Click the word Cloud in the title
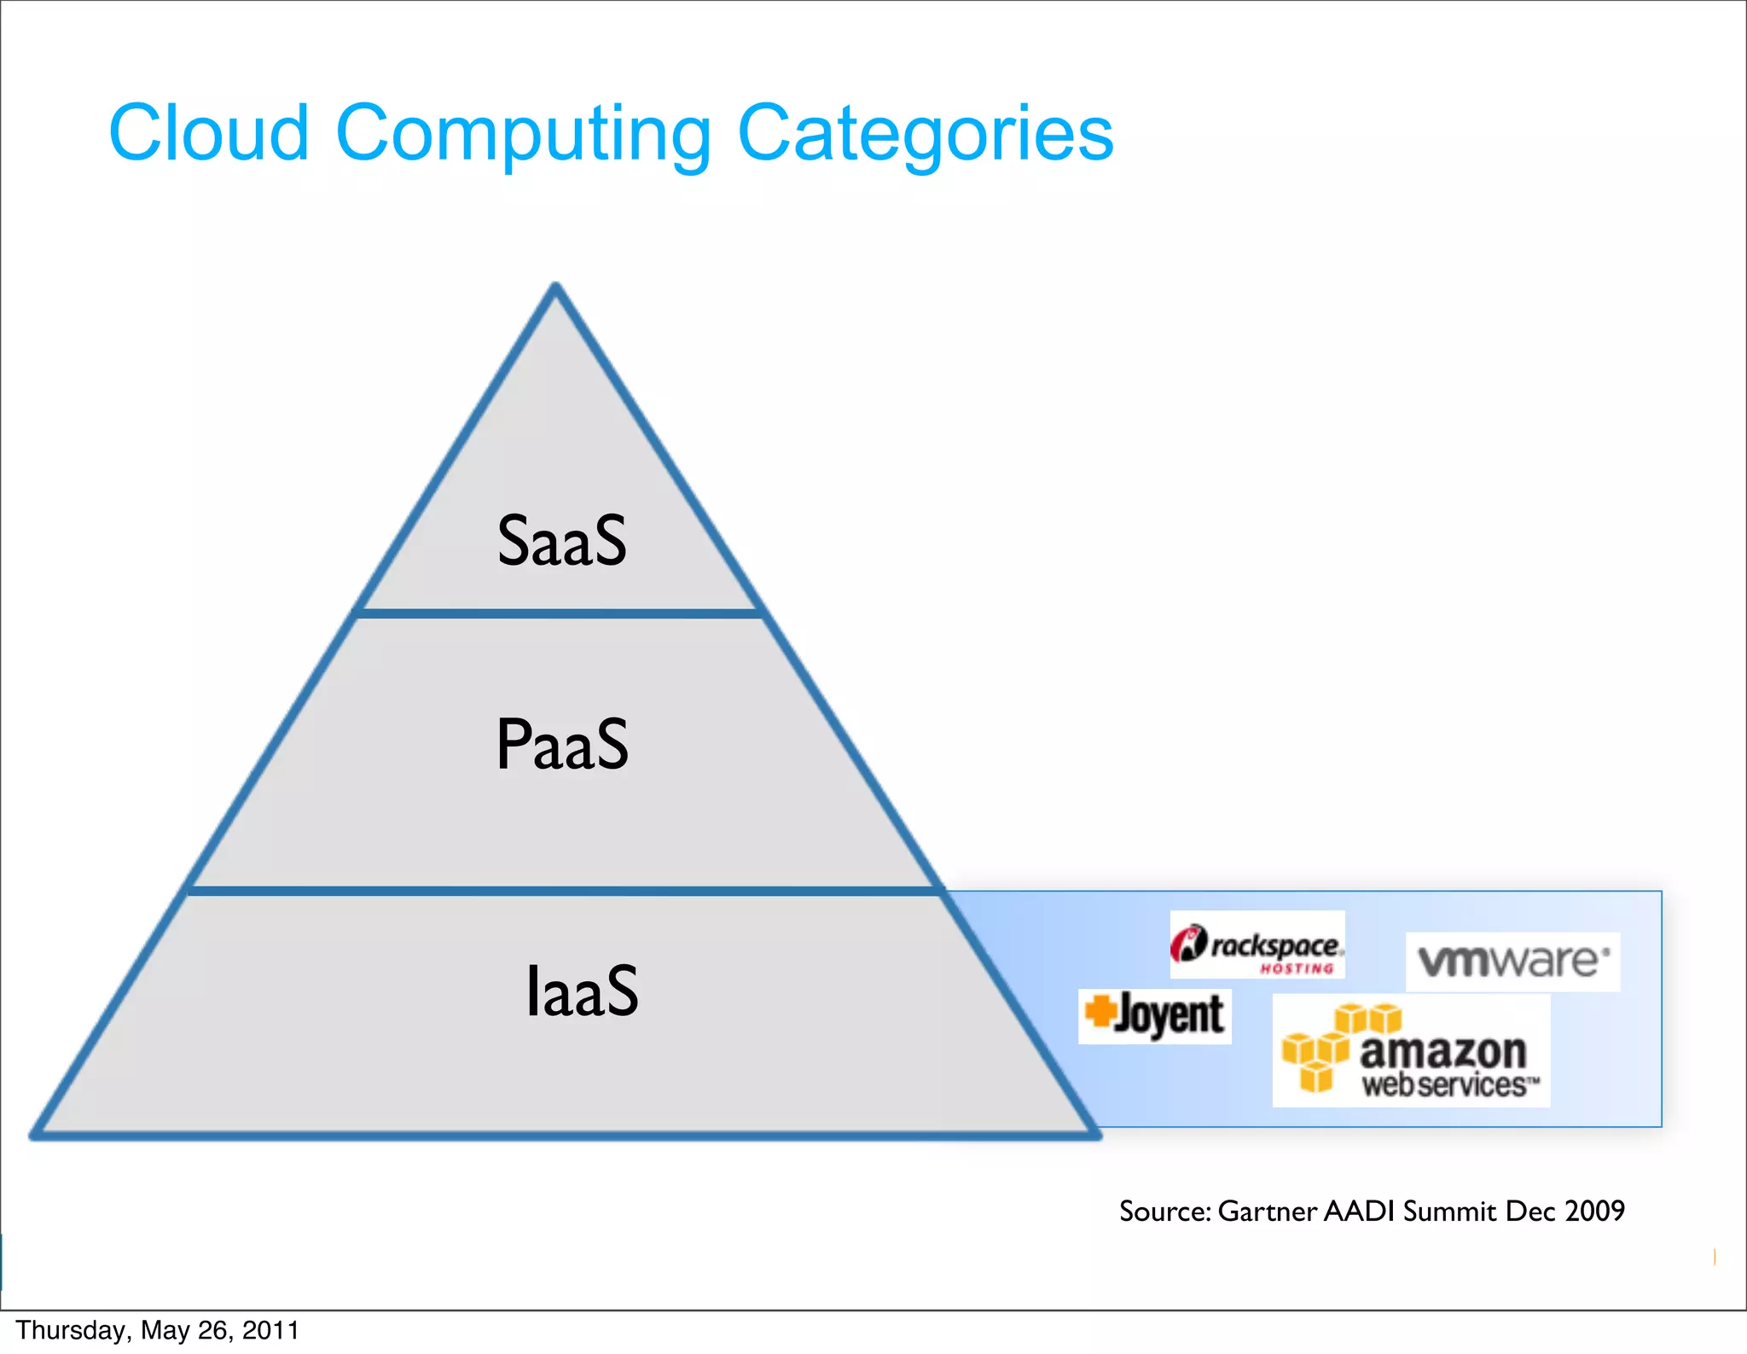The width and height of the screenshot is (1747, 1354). tap(208, 133)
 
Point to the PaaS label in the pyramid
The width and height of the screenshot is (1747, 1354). tap(562, 745)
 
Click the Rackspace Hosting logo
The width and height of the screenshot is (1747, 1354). tap(1257, 945)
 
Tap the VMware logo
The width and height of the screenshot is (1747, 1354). tap(1512, 962)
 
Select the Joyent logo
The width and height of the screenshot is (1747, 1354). tap(1155, 1015)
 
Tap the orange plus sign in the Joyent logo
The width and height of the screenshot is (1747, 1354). tap(1100, 1011)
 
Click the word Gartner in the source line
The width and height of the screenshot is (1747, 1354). tap(1267, 1212)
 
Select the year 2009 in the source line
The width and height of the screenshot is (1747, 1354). tap(1594, 1211)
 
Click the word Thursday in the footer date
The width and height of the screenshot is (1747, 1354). tap(72, 1331)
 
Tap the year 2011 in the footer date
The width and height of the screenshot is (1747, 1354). tap(270, 1331)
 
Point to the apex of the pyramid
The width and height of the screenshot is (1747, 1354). tap(555, 288)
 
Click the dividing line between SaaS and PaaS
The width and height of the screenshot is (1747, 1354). tap(559, 613)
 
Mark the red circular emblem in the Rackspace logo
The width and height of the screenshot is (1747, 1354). tap(1188, 944)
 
